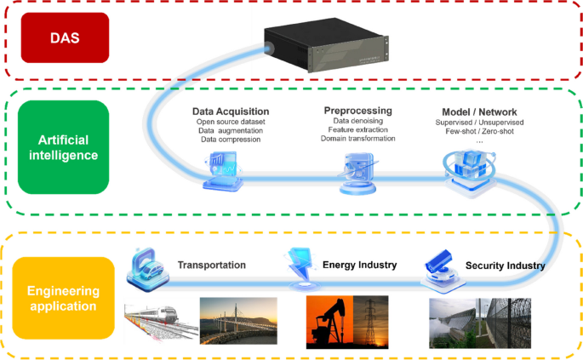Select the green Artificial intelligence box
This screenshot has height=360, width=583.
(63, 146)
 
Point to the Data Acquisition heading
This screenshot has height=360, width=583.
(231, 111)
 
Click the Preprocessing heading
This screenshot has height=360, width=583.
(357, 111)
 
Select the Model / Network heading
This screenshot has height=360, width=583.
(479, 112)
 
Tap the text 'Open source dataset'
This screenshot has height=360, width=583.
(231, 123)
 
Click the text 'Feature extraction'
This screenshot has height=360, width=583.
(357, 129)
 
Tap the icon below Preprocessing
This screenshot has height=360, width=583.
(356, 171)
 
